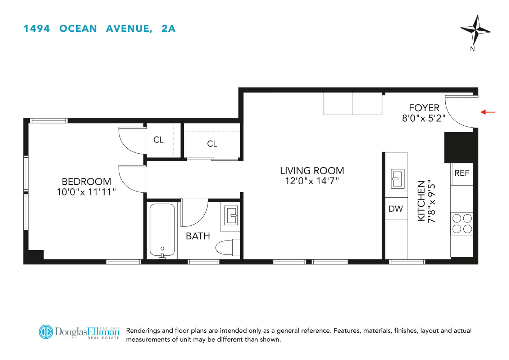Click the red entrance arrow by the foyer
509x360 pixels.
pyautogui.click(x=488, y=112)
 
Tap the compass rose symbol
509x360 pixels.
pyautogui.click(x=475, y=30)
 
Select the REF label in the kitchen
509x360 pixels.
pyautogui.click(x=462, y=173)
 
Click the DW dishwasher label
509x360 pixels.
pyautogui.click(x=396, y=209)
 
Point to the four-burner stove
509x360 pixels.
pyautogui.click(x=462, y=224)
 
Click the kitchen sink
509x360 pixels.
pyautogui.click(x=397, y=179)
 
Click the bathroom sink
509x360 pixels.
pyautogui.click(x=231, y=215)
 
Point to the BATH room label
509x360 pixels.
pyautogui.click(x=198, y=236)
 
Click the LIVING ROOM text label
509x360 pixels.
pyautogui.click(x=312, y=171)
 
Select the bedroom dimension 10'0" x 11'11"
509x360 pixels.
pyautogui.click(x=86, y=192)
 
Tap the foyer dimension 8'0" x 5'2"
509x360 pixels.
pyautogui.click(x=424, y=118)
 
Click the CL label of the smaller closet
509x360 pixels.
pyautogui.click(x=159, y=140)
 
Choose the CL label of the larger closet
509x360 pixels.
pyautogui.click(x=212, y=144)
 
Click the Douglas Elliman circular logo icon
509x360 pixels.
pyautogui.click(x=46, y=332)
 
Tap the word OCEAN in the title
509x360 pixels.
pyautogui.click(x=78, y=29)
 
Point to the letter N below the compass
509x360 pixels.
pyautogui.click(x=472, y=49)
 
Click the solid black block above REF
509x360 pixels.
pyautogui.click(x=459, y=147)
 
